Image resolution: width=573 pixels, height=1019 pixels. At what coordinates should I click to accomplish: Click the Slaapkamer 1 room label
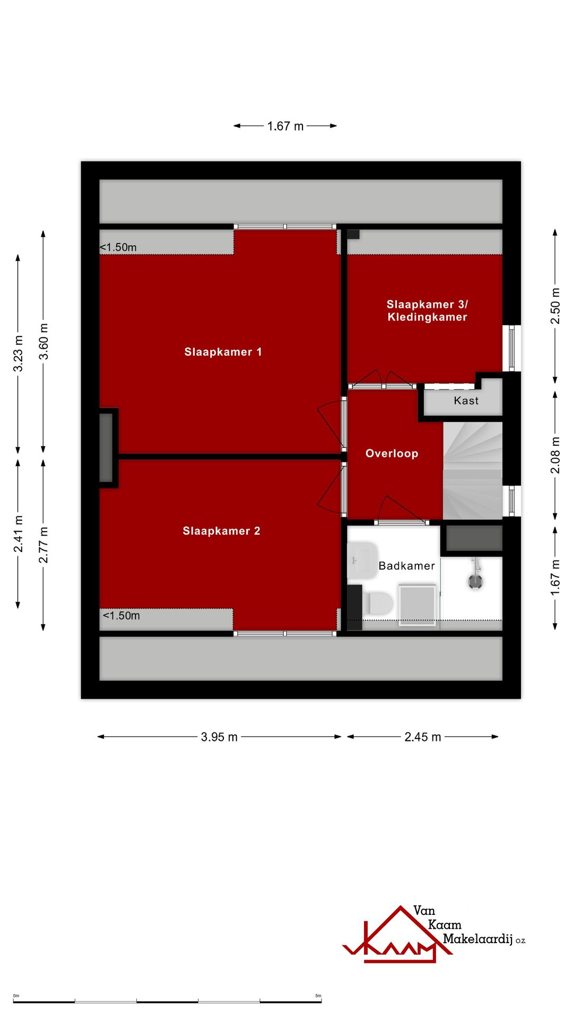(x=223, y=352)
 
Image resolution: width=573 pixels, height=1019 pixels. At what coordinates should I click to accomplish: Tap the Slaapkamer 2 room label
(x=221, y=531)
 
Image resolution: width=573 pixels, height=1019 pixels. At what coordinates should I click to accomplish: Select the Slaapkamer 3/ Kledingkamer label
(x=427, y=310)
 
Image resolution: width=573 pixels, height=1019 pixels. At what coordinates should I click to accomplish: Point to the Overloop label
(x=392, y=453)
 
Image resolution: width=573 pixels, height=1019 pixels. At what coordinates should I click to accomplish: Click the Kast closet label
(x=466, y=401)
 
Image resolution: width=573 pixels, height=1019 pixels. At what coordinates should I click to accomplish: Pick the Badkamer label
(x=406, y=566)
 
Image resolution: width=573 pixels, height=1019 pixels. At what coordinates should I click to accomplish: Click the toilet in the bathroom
(x=380, y=603)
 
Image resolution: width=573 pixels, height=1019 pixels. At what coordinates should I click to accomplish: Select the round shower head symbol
(x=475, y=582)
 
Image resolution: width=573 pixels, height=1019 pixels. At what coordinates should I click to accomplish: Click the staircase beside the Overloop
(x=472, y=471)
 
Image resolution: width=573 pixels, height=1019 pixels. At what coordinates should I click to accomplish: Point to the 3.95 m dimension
(x=219, y=737)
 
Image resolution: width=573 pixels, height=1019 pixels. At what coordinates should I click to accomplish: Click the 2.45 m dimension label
(x=422, y=737)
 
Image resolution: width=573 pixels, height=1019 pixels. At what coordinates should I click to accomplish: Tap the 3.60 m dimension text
(x=44, y=341)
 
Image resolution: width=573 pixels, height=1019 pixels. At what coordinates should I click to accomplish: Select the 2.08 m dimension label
(x=555, y=455)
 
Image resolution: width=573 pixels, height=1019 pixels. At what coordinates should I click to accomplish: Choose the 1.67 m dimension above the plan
(x=285, y=126)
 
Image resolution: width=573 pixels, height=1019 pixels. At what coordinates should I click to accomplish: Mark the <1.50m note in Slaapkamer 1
(x=118, y=247)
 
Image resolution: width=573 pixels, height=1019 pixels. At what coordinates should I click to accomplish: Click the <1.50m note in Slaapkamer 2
(x=121, y=616)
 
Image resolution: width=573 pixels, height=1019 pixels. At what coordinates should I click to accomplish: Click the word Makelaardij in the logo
(x=477, y=939)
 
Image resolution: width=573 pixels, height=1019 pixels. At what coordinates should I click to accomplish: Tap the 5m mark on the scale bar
(x=318, y=996)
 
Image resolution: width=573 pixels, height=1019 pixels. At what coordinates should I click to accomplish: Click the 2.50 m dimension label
(x=555, y=306)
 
